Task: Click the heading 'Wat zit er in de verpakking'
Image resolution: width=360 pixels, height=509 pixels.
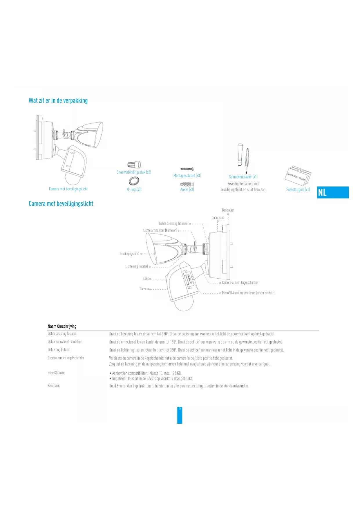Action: pos(58,101)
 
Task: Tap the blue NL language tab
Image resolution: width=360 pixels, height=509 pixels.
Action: pos(333,192)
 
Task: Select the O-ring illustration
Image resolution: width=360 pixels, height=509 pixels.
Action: pos(134,181)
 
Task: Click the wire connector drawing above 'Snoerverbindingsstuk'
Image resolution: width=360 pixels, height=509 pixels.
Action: pos(134,165)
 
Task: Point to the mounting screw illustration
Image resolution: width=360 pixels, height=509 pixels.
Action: pos(187,169)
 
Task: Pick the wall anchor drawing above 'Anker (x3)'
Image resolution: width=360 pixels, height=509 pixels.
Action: pos(187,184)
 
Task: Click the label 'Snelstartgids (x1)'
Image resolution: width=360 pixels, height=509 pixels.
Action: pos(298,189)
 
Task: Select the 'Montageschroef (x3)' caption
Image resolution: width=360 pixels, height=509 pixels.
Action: pos(187,176)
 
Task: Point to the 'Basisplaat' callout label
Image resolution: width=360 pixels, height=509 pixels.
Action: pos(228,210)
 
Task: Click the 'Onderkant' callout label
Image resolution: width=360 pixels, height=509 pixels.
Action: pos(218,218)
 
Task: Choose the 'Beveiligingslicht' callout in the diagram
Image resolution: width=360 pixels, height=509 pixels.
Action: pos(129,254)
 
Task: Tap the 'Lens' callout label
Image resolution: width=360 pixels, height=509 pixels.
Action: pos(146,279)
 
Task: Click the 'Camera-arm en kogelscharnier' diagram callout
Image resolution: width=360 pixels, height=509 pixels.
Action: pos(240,283)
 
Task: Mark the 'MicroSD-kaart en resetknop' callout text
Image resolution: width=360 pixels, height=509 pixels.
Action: pos(248,293)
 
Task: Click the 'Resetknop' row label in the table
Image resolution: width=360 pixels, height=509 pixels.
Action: pos(54,386)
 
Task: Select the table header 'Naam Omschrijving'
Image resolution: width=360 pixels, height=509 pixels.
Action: pos(62,326)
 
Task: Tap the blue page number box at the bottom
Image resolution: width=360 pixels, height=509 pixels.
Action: pos(180,415)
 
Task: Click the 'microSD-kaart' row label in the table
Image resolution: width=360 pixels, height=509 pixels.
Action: pos(56,373)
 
